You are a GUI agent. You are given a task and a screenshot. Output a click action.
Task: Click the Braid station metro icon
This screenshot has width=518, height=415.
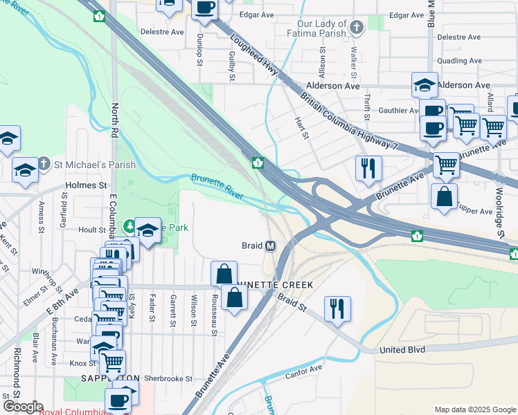tap(270, 246)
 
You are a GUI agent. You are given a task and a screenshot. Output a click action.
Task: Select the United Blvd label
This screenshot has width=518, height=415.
tap(402, 350)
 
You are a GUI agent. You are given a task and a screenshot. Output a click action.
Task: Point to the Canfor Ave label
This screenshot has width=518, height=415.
tap(304, 372)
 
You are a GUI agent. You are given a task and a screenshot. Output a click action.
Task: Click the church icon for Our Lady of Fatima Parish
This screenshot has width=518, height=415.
tap(357, 28)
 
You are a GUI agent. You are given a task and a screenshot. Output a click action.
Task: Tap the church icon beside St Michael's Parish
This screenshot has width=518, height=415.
tap(44, 164)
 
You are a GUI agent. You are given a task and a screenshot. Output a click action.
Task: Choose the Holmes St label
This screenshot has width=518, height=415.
tap(87, 185)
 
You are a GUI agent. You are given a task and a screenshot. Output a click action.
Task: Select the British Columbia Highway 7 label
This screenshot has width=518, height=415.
tap(346, 121)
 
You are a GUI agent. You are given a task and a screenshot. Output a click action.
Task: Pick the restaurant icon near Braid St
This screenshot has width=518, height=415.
tap(337, 308)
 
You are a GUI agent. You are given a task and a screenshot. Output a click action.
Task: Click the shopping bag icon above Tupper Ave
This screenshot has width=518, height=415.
tap(444, 196)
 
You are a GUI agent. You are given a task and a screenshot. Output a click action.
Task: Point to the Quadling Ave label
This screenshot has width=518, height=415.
tap(459, 61)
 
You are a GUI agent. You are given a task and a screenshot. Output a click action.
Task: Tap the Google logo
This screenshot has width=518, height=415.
tap(23, 407)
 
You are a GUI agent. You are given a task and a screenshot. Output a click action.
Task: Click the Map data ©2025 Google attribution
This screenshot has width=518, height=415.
tap(474, 409)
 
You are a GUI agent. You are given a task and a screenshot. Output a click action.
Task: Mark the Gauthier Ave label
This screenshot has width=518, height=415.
tap(395, 110)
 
